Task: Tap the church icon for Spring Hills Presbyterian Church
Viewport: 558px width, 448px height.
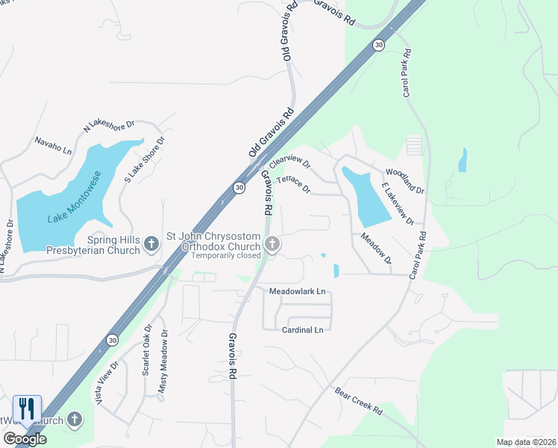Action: (151, 243)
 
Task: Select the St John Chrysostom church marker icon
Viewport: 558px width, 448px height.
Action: (272, 243)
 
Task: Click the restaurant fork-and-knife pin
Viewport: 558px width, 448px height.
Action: (27, 409)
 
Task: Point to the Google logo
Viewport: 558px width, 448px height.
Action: (25, 439)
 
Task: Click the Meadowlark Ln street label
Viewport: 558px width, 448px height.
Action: (298, 290)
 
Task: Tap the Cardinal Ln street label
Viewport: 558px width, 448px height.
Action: (303, 329)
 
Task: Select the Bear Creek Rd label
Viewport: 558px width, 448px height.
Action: (358, 401)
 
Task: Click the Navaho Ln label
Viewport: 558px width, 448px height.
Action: (53, 144)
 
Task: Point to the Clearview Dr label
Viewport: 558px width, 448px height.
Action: (289, 161)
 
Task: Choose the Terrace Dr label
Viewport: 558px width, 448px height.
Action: (293, 184)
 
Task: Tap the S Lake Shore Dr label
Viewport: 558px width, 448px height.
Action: (143, 159)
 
